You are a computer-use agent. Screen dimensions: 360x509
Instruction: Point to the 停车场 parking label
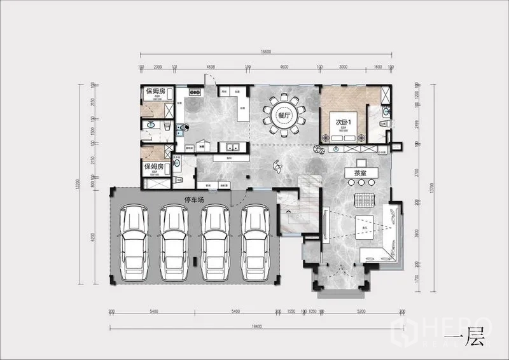tap(193, 200)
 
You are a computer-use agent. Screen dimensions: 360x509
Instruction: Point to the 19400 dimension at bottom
tap(256, 326)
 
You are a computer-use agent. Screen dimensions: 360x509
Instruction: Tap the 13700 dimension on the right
tap(432, 185)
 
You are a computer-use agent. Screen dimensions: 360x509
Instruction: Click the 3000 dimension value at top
tap(342, 67)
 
